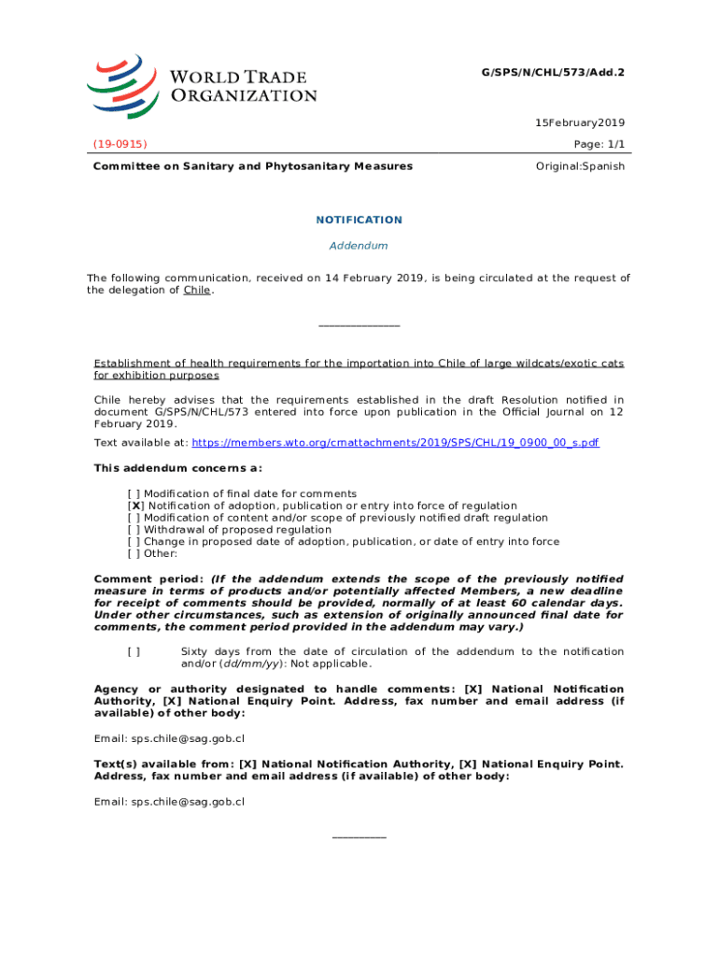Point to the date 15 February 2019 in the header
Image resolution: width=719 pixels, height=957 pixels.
coord(579,122)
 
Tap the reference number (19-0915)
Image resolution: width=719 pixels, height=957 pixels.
coord(120,144)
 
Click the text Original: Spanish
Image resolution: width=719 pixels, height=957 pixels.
coord(580,166)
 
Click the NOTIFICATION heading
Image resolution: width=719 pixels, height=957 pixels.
coord(359,220)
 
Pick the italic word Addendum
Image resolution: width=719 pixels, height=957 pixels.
coord(359,246)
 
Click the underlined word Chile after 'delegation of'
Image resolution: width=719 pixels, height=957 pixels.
coord(196,290)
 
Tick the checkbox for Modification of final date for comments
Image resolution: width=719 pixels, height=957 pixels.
coord(134,493)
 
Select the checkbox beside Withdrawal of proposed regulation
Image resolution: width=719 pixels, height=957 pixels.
coord(134,530)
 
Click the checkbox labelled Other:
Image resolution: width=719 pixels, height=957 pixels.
coord(134,553)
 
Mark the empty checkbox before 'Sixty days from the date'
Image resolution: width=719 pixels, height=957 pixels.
coord(134,652)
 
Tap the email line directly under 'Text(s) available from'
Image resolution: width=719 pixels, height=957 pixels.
coord(169,801)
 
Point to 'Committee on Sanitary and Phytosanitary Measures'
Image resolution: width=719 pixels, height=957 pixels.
coord(252,166)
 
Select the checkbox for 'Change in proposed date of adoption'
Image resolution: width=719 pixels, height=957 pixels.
coord(134,541)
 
